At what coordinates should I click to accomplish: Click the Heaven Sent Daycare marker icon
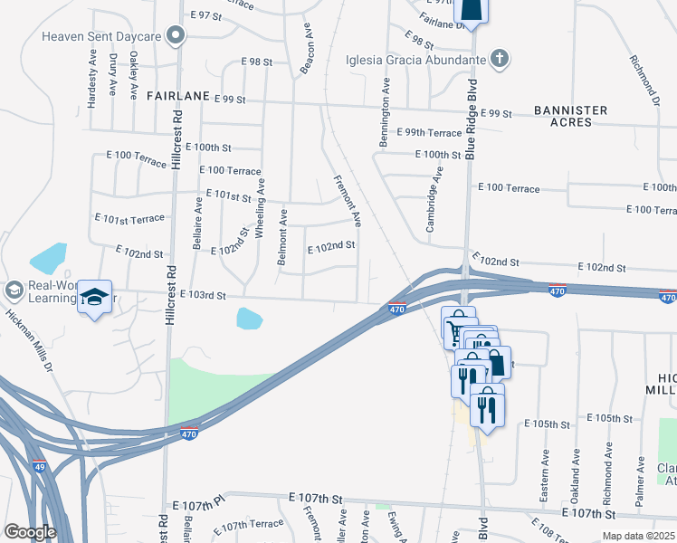pyautogui.click(x=176, y=36)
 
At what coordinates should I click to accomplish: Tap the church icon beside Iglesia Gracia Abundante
pyautogui.click(x=498, y=61)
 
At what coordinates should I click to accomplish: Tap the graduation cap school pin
pyautogui.click(x=94, y=298)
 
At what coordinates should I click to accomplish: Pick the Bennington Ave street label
pyautogui.click(x=386, y=111)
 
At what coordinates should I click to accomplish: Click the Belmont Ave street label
pyautogui.click(x=283, y=236)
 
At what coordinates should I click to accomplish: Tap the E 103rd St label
pyautogui.click(x=196, y=296)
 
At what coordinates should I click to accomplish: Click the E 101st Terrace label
pyautogui.click(x=130, y=219)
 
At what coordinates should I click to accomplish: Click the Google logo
pyautogui.click(x=30, y=532)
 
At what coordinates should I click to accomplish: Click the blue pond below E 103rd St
pyautogui.click(x=249, y=319)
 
